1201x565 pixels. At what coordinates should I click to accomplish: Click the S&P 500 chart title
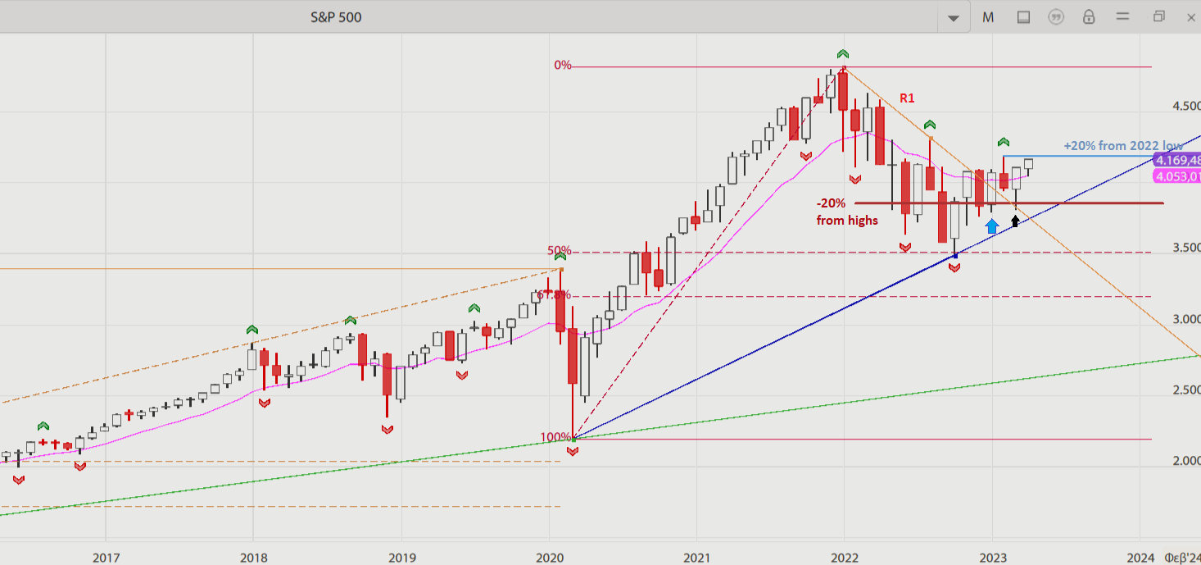336,17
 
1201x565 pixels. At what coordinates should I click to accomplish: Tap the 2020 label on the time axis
549,558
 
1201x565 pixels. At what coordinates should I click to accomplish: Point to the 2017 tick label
106,558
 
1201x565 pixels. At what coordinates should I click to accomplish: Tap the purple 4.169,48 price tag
1177,160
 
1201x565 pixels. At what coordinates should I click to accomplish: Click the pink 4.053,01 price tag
1177,176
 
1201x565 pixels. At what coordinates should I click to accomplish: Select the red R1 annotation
907,98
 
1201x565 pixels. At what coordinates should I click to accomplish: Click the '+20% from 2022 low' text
1122,145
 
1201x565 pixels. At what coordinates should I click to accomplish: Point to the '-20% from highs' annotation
847,212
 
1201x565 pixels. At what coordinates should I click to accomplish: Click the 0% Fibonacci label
563,66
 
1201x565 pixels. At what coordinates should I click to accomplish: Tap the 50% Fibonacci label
559,251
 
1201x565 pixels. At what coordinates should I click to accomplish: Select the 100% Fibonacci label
556,437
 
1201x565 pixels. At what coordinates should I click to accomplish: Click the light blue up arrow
992,226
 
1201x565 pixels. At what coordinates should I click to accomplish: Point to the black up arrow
1016,219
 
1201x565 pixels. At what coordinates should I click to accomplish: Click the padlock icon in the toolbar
1089,17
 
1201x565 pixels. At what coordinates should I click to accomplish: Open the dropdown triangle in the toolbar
953,18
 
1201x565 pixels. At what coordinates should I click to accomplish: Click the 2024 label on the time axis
1140,558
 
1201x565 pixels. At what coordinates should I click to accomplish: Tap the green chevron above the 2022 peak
842,53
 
